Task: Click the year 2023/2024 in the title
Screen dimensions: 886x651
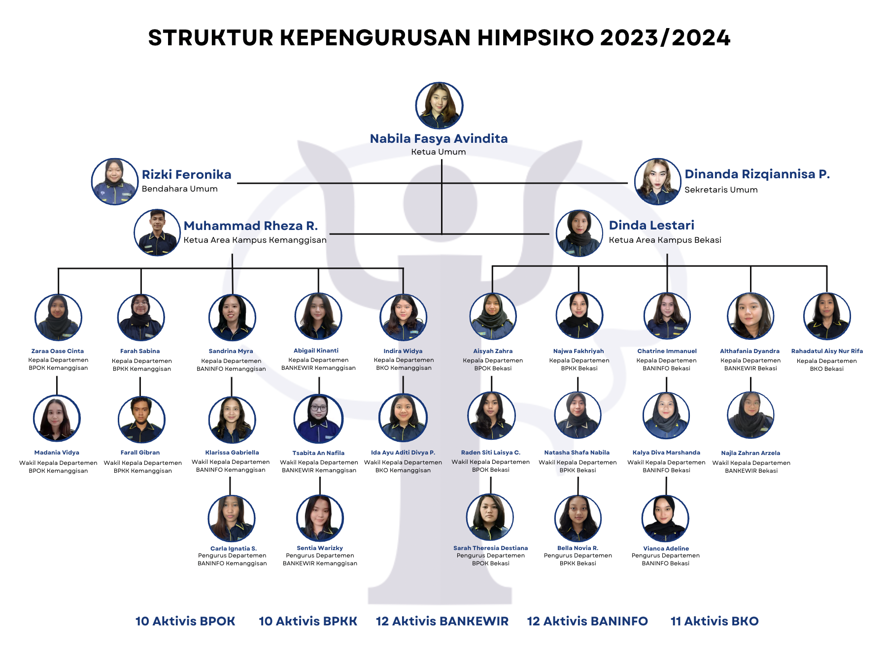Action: [665, 38]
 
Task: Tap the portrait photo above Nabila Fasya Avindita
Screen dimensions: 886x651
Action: [439, 106]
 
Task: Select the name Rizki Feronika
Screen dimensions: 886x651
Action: [186, 175]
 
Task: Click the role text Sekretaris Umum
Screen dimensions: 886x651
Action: [721, 190]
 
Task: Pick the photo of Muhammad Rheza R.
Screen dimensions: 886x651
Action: [157, 232]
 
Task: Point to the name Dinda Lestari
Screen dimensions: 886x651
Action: [651, 225]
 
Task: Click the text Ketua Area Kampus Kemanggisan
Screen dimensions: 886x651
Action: [255, 240]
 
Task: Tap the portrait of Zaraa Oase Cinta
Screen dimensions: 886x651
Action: [58, 318]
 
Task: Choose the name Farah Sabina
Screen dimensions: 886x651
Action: [140, 351]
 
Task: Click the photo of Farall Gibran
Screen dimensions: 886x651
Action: [141, 420]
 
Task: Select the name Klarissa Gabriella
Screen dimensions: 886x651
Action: [232, 453]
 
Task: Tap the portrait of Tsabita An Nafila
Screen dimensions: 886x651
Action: [318, 419]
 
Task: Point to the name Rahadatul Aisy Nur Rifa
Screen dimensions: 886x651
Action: [827, 351]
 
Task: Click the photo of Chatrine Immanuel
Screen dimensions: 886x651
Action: [667, 316]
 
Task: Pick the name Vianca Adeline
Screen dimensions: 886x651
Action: [666, 548]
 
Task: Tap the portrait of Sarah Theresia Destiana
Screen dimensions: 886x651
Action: [490, 518]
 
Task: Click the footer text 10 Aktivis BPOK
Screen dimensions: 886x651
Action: [185, 621]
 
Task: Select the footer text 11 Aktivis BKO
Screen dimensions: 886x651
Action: [715, 621]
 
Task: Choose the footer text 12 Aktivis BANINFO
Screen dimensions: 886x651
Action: [587, 621]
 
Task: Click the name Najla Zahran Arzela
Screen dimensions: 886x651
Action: [750, 453]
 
